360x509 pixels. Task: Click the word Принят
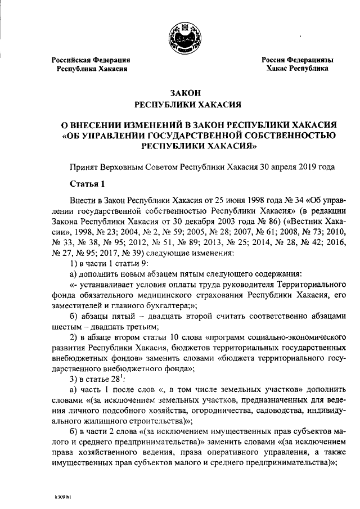83,167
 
